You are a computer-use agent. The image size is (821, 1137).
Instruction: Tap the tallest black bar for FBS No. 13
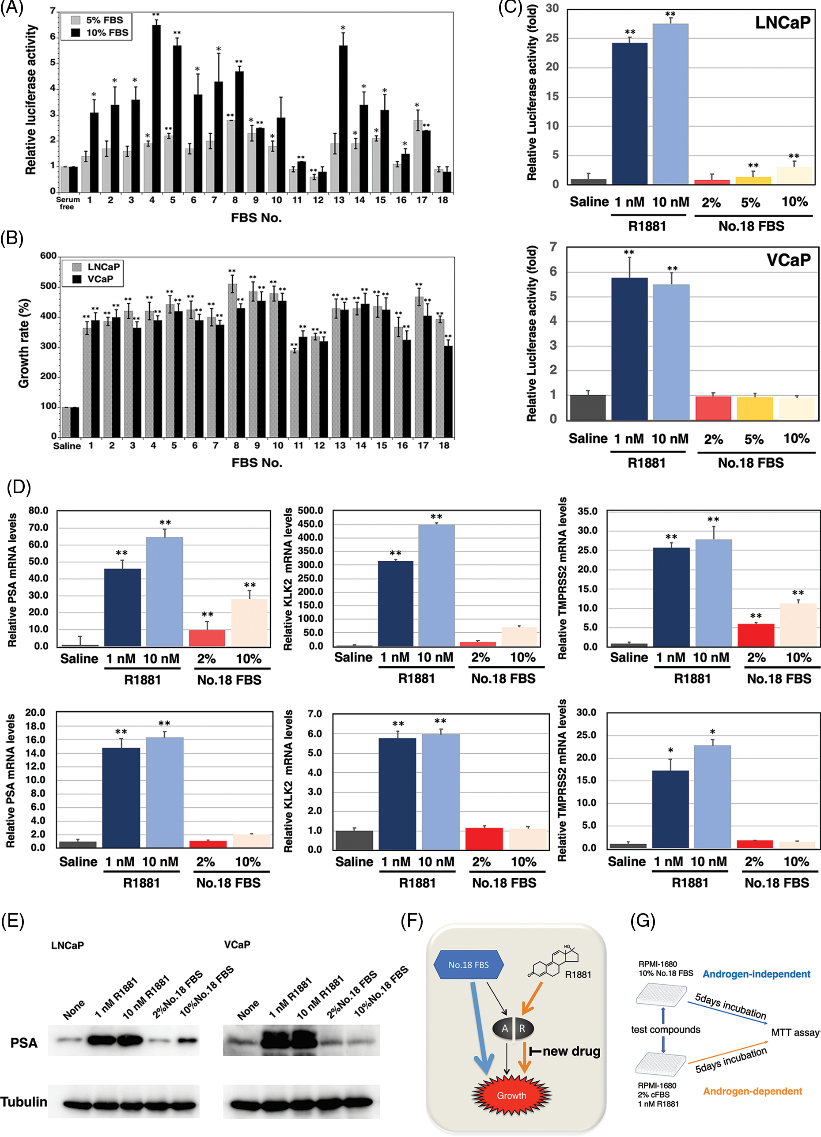click(343, 118)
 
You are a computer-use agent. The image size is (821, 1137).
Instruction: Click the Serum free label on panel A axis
click(67, 203)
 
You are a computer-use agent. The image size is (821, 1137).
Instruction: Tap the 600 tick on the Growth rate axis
click(48, 256)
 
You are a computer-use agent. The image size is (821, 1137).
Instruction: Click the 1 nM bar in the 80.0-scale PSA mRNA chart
click(122, 607)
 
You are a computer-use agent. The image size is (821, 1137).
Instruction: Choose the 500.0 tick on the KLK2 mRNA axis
click(310, 511)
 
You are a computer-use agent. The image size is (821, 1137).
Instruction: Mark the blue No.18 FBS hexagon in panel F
click(469, 964)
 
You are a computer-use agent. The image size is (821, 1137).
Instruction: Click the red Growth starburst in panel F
click(511, 1095)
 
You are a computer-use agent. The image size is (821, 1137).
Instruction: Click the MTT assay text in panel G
click(795, 1032)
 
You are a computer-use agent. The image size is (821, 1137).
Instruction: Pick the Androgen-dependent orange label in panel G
click(752, 1091)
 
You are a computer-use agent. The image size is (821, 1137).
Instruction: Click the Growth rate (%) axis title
click(23, 344)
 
